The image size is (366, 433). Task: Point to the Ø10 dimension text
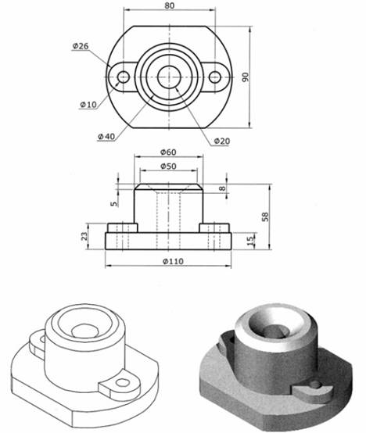(x=88, y=104)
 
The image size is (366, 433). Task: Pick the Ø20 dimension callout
(x=221, y=141)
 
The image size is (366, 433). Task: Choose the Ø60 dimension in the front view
(x=169, y=152)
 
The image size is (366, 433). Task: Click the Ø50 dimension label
(x=169, y=166)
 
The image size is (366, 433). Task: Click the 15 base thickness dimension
(x=250, y=239)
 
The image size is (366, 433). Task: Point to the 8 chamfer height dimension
(x=222, y=188)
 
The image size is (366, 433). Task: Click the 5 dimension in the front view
(x=114, y=205)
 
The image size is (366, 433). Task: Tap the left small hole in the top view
(x=123, y=77)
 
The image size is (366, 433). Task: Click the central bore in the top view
(x=169, y=77)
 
